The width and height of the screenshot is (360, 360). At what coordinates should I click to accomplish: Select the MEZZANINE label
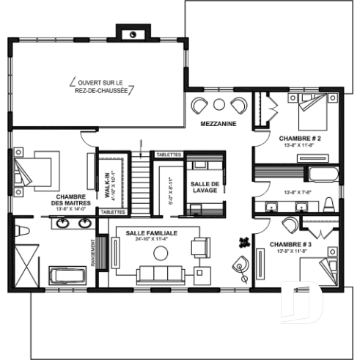click(218, 125)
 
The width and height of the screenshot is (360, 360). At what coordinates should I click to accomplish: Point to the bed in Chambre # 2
click(315, 111)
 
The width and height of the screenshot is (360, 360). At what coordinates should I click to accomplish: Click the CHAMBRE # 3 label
click(290, 244)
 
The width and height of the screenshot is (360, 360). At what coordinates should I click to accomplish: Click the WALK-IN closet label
click(107, 182)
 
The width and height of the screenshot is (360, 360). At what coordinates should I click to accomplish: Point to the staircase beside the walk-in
click(139, 179)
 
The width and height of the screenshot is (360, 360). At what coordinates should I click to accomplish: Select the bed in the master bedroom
click(37, 173)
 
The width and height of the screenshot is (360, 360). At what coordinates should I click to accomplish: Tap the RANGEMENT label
click(93, 254)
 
